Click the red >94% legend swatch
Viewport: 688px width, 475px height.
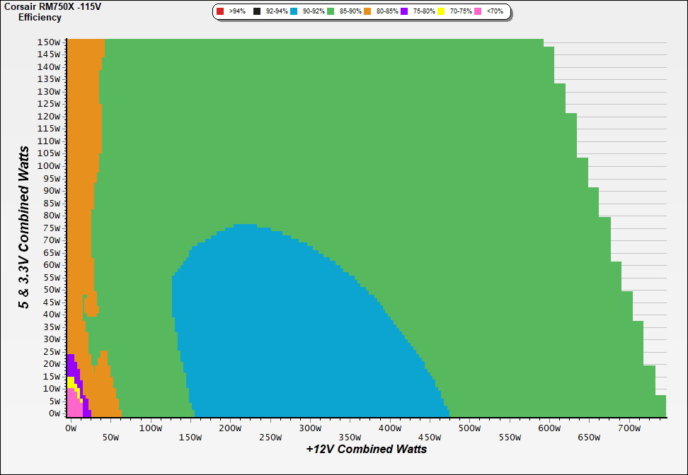click(x=220, y=11)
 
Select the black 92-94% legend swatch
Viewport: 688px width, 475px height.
click(x=257, y=11)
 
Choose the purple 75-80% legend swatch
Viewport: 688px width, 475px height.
click(x=404, y=11)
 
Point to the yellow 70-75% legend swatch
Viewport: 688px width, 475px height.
click(x=442, y=11)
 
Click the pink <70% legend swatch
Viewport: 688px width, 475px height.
click(x=478, y=11)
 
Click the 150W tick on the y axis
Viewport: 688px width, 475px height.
click(x=50, y=42)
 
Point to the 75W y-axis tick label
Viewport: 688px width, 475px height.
click(x=52, y=228)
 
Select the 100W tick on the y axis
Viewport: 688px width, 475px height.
click(x=50, y=165)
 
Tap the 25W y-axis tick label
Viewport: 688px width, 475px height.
click(x=52, y=351)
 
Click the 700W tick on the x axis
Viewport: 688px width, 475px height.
click(x=629, y=428)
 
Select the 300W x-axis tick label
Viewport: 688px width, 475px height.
click(x=309, y=428)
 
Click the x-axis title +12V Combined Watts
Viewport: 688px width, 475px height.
click(x=367, y=449)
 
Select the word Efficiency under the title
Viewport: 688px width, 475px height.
click(x=40, y=17)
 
